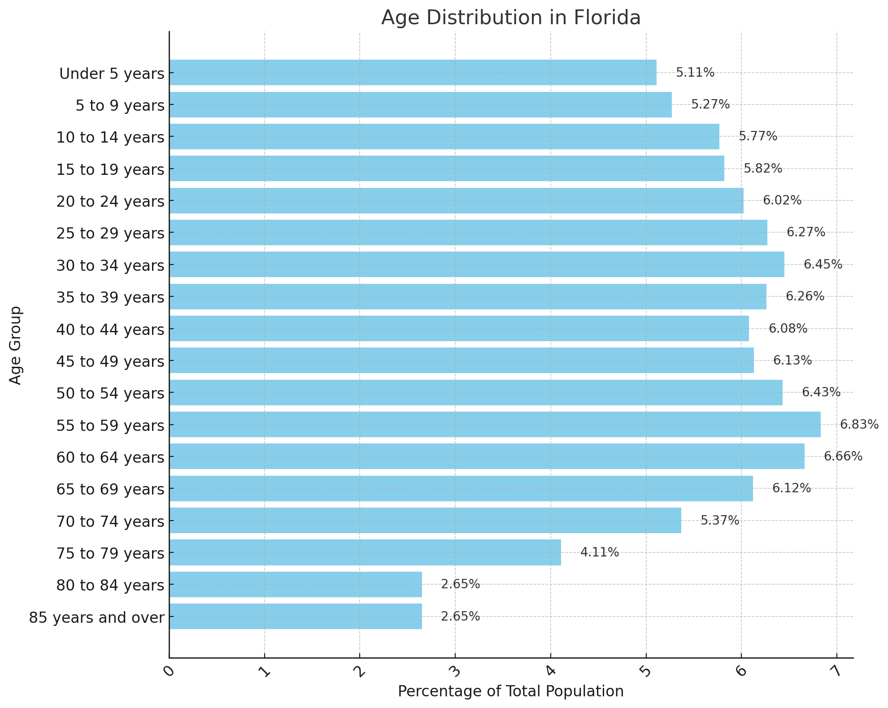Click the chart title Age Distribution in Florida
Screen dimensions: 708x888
[x=511, y=18]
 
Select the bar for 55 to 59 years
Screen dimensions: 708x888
[x=495, y=424]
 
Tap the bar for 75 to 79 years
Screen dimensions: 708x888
[x=365, y=552]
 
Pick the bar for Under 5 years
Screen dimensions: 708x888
[x=413, y=73]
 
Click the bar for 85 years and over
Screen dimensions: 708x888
[x=296, y=616]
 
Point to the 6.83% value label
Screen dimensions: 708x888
[x=859, y=424]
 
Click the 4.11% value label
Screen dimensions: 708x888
[x=600, y=552]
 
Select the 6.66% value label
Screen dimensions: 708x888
[x=843, y=456]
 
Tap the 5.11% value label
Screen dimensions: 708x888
[x=695, y=73]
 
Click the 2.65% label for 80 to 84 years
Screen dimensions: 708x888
[x=460, y=584]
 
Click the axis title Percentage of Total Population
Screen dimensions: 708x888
[x=511, y=691]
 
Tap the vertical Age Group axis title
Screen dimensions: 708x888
[x=16, y=345]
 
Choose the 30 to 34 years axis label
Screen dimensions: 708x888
[x=110, y=265]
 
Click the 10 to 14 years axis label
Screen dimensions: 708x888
[x=110, y=137]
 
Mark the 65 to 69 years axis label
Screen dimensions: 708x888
[x=110, y=489]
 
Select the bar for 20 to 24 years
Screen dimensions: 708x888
[x=456, y=200]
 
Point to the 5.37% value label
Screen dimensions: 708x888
[x=720, y=520]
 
